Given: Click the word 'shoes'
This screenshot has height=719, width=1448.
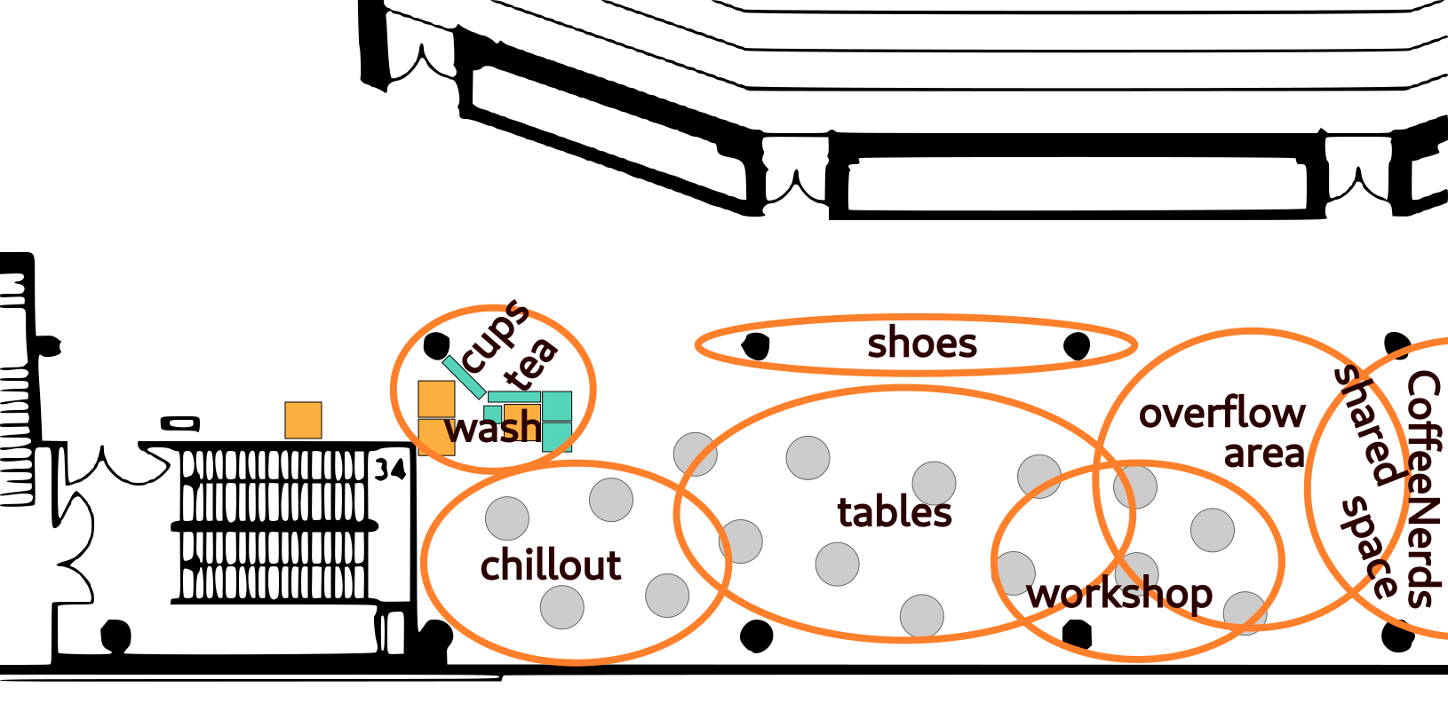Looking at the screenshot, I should (x=922, y=344).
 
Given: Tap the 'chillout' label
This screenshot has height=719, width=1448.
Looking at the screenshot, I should (x=551, y=565).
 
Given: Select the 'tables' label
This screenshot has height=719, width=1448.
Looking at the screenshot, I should (x=895, y=512).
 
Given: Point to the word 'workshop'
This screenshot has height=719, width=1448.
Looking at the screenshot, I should (x=1119, y=594).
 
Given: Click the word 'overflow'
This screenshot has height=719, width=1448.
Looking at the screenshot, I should (x=1221, y=413).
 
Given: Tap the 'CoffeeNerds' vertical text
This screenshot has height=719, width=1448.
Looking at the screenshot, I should (x=1422, y=488).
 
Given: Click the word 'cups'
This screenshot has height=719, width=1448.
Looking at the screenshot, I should (x=496, y=336).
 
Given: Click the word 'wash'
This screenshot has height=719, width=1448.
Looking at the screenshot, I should (x=493, y=429).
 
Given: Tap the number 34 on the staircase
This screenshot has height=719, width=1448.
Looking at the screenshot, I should (x=390, y=469).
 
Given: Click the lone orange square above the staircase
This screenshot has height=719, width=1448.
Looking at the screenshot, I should (x=303, y=420).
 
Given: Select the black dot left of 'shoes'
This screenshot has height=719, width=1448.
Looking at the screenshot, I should (x=756, y=346).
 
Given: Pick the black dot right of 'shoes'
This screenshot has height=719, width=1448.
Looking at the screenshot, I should (x=1077, y=345).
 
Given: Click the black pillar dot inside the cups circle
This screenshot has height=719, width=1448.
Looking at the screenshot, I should (x=436, y=345).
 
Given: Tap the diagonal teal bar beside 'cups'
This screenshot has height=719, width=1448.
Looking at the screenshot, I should (x=464, y=376).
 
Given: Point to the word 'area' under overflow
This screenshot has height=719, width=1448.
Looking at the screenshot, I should (x=1263, y=454).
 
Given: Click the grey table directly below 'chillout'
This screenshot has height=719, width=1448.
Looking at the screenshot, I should (x=562, y=607).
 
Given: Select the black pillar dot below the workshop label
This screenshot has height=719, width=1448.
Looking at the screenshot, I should (x=1077, y=634).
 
